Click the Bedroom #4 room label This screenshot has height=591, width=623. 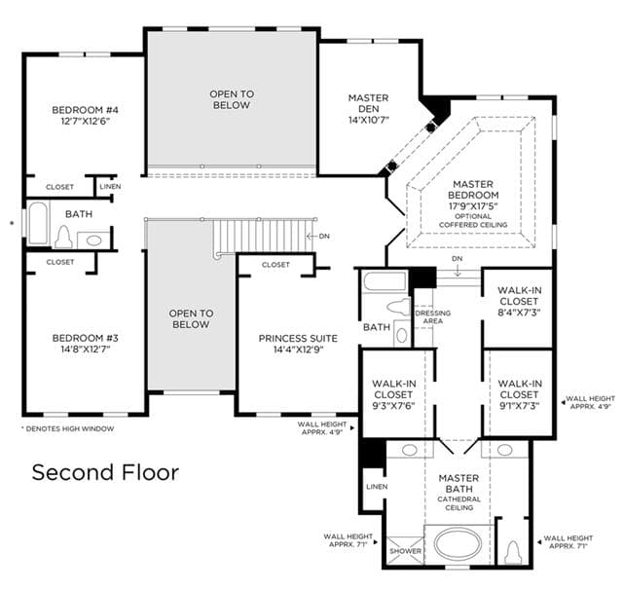pyautogui.click(x=85, y=110)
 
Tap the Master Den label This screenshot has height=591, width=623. pyautogui.click(x=368, y=103)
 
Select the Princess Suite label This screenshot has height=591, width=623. pyautogui.click(x=298, y=339)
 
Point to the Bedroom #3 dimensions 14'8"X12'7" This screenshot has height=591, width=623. pyautogui.click(x=85, y=350)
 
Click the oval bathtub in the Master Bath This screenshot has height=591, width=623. pyautogui.click(x=458, y=543)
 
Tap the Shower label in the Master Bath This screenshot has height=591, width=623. pyautogui.click(x=405, y=551)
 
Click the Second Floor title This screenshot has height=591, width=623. pyautogui.click(x=105, y=472)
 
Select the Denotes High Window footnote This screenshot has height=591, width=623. pyautogui.click(x=67, y=428)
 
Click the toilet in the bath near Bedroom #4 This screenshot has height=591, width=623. pyautogui.click(x=63, y=237)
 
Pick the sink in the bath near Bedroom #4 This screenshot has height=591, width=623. pyautogui.click(x=93, y=240)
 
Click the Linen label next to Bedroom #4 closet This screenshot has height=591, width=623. pyautogui.click(x=110, y=186)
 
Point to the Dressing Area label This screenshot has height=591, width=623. pyautogui.click(x=433, y=316)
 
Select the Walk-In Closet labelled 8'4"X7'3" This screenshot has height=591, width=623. pyautogui.click(x=519, y=301)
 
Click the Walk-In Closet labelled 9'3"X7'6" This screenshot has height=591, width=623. pyautogui.click(x=393, y=394)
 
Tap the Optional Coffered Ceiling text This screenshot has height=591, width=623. pyautogui.click(x=473, y=221)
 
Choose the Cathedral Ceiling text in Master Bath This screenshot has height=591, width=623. pyautogui.click(x=458, y=503)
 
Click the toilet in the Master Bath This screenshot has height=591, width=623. pyautogui.click(x=514, y=552)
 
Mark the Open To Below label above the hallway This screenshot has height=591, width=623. pyautogui.click(x=232, y=99)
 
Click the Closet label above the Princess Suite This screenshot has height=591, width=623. pyautogui.click(x=275, y=265)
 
